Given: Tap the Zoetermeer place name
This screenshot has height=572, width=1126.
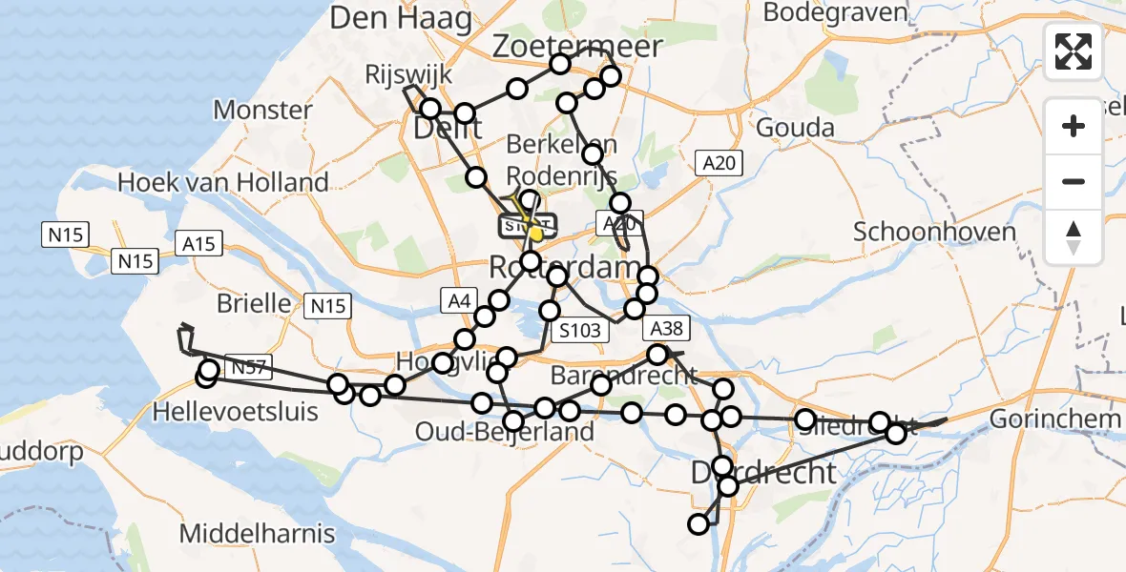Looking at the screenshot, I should (578, 47).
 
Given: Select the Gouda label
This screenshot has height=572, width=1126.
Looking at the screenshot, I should (795, 128).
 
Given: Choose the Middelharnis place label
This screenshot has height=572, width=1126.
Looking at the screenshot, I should (257, 532).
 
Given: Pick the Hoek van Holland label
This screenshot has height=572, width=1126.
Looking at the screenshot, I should (223, 181).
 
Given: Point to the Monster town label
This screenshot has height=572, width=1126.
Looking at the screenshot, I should (262, 110).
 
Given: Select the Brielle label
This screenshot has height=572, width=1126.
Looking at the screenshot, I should (254, 303).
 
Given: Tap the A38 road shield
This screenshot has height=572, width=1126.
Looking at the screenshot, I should (664, 329).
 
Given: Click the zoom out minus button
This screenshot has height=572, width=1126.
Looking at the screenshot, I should (1074, 181).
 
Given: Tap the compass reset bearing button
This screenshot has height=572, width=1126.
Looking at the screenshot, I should (1074, 236).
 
